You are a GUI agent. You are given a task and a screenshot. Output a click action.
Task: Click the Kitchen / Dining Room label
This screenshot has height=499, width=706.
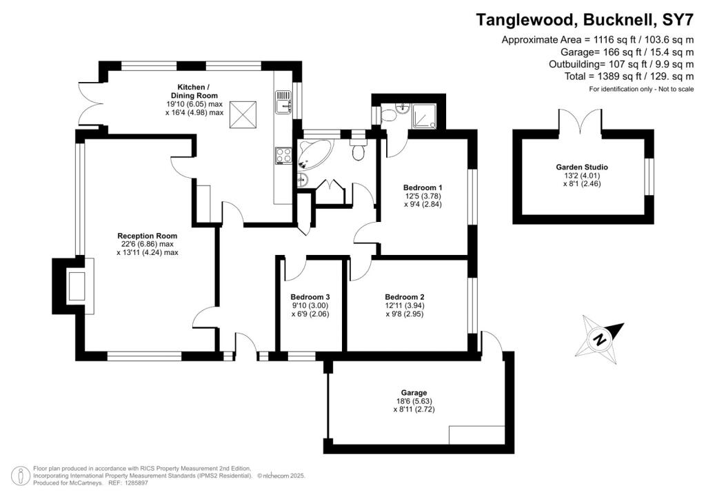point(194,90)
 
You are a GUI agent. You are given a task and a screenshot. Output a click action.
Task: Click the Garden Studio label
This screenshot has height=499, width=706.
point(582,167)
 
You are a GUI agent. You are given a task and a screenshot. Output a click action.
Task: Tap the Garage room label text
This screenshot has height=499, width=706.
point(414,392)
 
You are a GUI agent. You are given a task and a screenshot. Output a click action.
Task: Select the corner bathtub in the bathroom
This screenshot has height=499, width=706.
point(314,155)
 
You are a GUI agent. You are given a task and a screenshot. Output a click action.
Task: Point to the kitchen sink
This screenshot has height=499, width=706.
point(283,103)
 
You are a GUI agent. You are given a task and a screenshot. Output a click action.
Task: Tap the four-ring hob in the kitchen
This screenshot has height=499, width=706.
point(283,155)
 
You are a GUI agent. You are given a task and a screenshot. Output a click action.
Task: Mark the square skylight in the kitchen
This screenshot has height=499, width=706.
point(243,112)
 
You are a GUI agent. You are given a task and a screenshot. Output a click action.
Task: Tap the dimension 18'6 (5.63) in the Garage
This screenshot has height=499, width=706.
point(414,400)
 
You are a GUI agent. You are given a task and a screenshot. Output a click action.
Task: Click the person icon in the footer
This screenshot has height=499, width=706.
point(21,476)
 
